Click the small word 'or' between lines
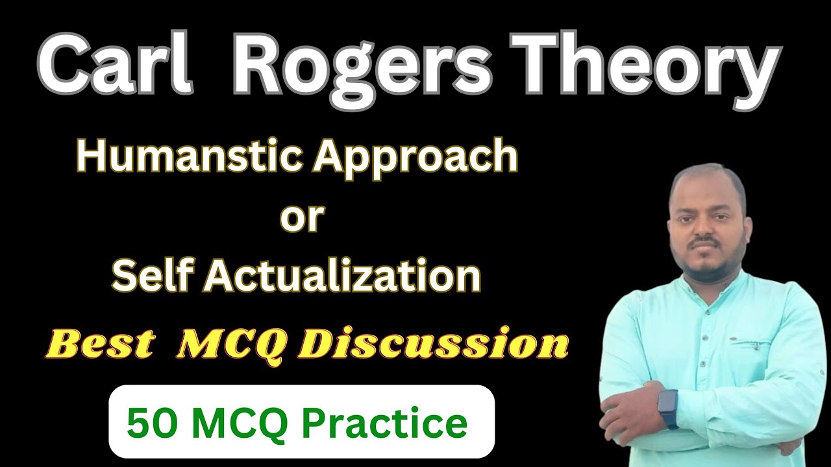coord(301,218)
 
